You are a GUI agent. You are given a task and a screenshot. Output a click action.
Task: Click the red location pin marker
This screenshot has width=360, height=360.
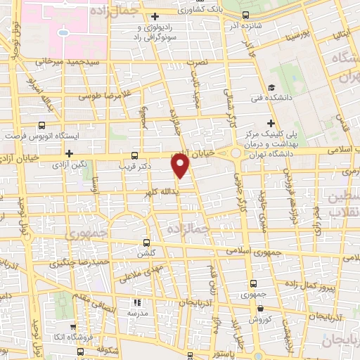[x=181, y=164]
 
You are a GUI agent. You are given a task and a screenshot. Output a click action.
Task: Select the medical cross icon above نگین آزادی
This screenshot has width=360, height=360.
[x=68, y=153]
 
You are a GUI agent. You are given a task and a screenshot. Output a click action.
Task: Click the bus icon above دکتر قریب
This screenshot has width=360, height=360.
[x=134, y=155]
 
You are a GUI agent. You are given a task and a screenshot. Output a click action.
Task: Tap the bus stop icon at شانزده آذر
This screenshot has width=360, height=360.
[x=245, y=14]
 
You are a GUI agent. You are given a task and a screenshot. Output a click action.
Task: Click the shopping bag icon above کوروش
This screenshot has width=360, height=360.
[x=261, y=307]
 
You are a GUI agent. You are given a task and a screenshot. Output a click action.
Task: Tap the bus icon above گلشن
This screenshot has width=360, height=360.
[x=146, y=240]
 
